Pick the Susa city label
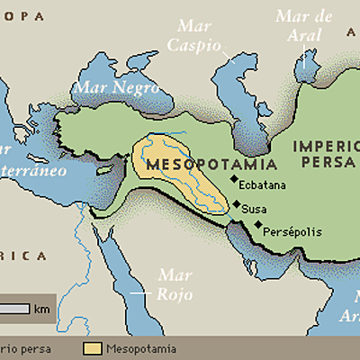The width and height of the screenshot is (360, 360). pos(256,209)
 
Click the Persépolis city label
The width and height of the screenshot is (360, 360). pos(292,231)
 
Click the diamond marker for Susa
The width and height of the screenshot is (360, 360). pos(237,206)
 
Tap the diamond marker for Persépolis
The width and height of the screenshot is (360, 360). pos(258,225)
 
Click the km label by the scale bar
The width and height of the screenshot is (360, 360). pos(42,309)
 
